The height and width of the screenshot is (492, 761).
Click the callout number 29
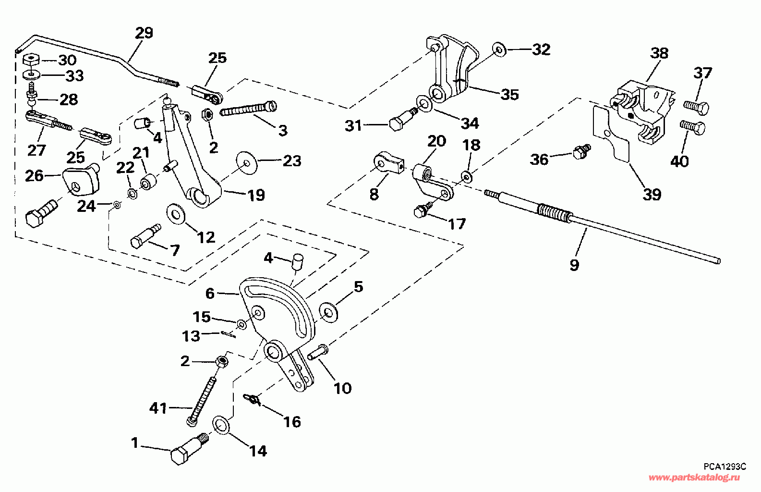click(144, 33)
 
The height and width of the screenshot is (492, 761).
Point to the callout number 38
click(659, 53)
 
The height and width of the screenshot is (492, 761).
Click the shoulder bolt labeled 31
click(403, 119)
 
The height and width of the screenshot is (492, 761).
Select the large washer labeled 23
click(247, 163)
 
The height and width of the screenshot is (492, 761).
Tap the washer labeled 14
click(221, 425)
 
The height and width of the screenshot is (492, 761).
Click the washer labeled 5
click(328, 311)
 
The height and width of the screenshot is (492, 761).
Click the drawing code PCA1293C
click(724, 467)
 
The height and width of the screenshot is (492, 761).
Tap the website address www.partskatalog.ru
click(694, 478)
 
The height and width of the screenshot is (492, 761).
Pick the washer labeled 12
click(176, 214)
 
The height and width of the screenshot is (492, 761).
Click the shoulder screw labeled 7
click(146, 236)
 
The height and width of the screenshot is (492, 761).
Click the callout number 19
click(256, 195)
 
